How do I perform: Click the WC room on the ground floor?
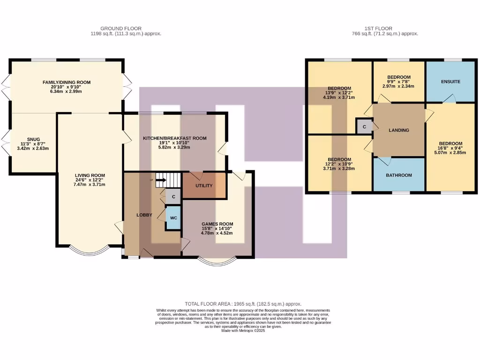tap(173, 218)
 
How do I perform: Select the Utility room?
tap(204, 186)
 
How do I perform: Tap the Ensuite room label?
tap(450, 82)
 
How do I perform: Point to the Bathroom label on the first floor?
tap(399, 175)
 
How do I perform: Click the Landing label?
tap(399, 130)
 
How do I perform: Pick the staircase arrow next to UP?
tap(161, 180)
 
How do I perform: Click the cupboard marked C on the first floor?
tap(364, 127)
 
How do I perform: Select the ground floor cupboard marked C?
tap(173, 196)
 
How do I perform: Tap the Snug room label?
tap(33, 139)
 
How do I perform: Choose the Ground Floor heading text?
tap(121, 29)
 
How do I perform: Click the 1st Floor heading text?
tap(378, 29)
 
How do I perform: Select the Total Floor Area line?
tap(243, 304)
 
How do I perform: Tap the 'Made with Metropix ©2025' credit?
tap(243, 330)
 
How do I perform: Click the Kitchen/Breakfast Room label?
tap(175, 138)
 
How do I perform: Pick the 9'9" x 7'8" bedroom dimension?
tap(398, 82)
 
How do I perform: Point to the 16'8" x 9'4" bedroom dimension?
tap(450, 148)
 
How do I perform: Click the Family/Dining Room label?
tap(67, 82)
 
